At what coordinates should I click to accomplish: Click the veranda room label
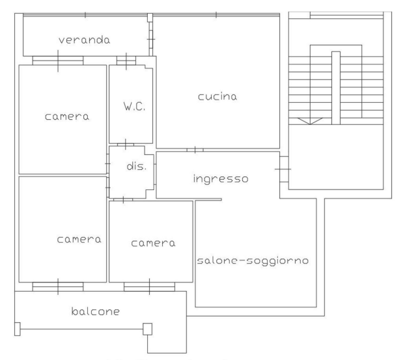click(x=84, y=40)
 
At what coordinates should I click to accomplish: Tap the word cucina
click(x=217, y=96)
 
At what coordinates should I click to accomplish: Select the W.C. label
click(x=134, y=106)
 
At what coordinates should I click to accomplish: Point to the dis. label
click(x=137, y=166)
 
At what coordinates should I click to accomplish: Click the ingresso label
click(x=221, y=179)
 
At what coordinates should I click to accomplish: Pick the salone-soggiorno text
click(x=253, y=260)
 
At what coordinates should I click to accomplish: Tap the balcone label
click(x=96, y=311)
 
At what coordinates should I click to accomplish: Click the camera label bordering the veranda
click(x=67, y=117)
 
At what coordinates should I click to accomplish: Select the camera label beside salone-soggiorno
click(x=153, y=243)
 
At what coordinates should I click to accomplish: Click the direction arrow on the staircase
click(x=310, y=121)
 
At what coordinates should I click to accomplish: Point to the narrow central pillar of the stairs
click(x=336, y=88)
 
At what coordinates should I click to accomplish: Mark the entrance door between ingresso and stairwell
click(x=284, y=169)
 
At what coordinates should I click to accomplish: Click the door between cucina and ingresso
click(x=195, y=150)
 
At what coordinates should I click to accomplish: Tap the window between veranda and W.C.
click(x=126, y=61)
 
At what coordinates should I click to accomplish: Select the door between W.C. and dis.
click(x=126, y=145)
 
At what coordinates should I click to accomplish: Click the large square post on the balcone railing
click(x=148, y=329)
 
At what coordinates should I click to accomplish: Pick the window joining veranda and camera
click(x=58, y=61)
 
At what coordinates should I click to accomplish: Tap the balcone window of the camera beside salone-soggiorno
click(x=149, y=286)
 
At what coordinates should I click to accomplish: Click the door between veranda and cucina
click(x=151, y=39)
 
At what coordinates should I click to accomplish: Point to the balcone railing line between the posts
click(x=81, y=329)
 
